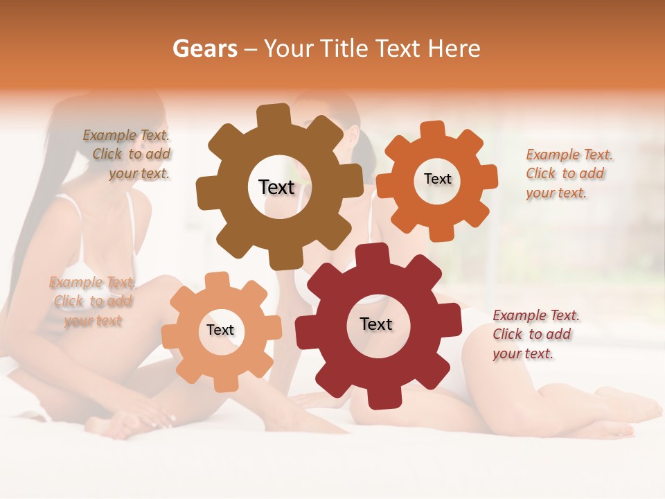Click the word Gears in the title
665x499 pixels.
204,49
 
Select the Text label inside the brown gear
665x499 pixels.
276,187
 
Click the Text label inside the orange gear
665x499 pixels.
437,179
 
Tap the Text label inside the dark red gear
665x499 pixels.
376,324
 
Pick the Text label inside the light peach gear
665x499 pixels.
220,330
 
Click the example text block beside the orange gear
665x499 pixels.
569,173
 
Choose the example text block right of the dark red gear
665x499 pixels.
536,334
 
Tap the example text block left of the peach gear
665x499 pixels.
91,301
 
